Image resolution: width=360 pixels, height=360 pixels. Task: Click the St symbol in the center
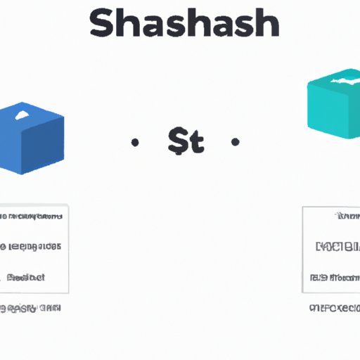click(x=186, y=143)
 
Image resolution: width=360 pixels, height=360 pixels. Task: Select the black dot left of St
click(x=135, y=143)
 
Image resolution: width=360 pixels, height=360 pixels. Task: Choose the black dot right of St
click(x=236, y=143)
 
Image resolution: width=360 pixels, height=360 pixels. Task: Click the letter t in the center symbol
click(x=196, y=143)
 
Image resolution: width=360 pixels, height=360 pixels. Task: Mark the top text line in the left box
click(x=32, y=217)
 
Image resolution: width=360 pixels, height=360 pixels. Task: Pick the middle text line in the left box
click(x=32, y=247)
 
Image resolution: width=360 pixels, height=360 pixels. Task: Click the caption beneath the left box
click(x=32, y=308)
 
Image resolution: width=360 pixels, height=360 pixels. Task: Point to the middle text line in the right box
click(x=337, y=247)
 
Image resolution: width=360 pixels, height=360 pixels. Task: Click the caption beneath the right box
click(x=335, y=308)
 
